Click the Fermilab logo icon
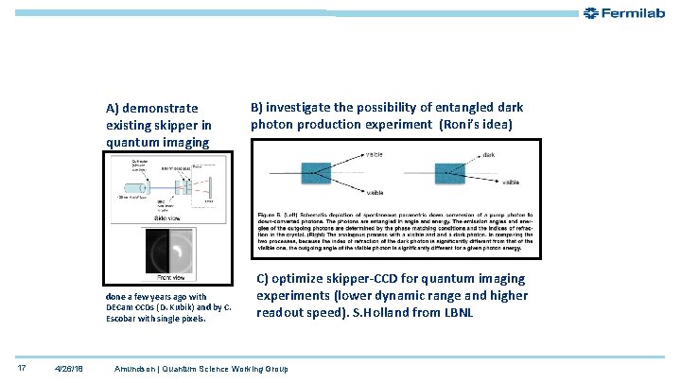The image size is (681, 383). click(591, 13)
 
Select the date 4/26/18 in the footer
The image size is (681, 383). click(68, 367)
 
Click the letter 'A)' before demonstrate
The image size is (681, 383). click(112, 108)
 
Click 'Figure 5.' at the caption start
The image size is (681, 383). click(271, 216)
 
